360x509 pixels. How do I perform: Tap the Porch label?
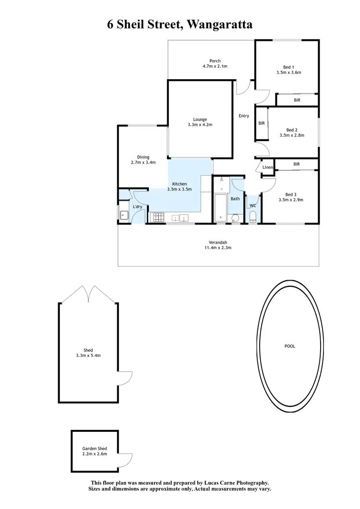coord(215,61)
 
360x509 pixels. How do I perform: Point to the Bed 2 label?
coord(292,130)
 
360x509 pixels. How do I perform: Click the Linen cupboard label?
coord(267,167)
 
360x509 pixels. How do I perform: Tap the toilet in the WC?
coord(253,217)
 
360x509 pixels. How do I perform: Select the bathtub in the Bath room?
coord(220,208)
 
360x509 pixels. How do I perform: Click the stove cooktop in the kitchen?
coord(157,218)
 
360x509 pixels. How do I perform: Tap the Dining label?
coord(143,157)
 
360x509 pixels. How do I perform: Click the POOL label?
coord(289,346)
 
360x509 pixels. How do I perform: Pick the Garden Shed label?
coord(95,448)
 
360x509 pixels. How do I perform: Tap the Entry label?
coord(244,116)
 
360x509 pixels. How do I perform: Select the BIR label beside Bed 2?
coord(261,123)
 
